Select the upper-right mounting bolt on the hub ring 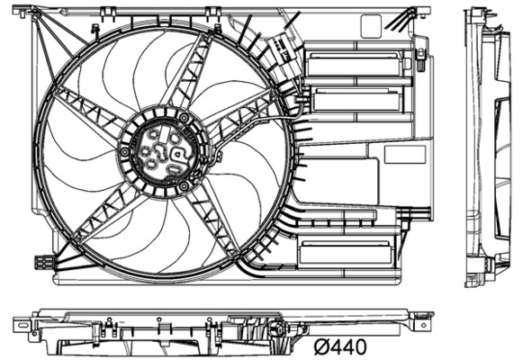coord(185,117)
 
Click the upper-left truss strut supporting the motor coord(87,112)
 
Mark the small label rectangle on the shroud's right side coord(404,154)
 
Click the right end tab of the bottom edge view coord(424,317)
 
